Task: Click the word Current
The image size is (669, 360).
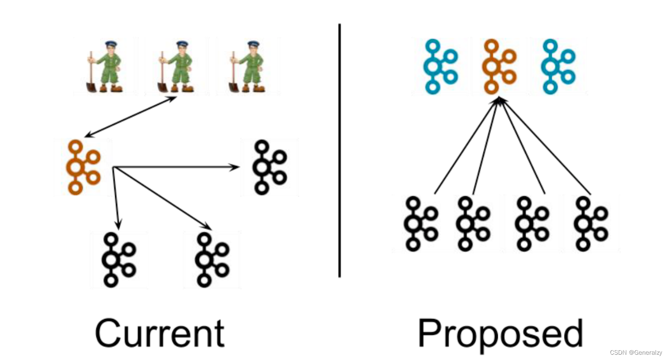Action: [x=160, y=333]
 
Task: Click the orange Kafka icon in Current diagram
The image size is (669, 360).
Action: [x=82, y=167]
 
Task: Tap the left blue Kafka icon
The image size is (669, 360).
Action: [x=439, y=66]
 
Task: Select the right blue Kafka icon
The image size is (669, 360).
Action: [x=557, y=66]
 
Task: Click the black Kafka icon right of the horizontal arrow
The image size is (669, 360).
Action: [x=269, y=167]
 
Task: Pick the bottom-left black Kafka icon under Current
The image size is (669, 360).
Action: [x=118, y=260]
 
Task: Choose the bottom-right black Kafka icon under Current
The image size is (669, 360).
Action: [x=211, y=260]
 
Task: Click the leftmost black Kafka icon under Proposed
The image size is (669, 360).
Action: [x=420, y=224]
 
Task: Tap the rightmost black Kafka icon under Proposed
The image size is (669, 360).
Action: [x=590, y=224]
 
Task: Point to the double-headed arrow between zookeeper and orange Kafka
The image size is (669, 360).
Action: [x=130, y=117]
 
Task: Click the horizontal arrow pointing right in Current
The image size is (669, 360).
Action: [x=176, y=167]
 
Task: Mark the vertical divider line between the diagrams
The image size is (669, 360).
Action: [x=340, y=150]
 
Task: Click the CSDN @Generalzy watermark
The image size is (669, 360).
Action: [x=636, y=353]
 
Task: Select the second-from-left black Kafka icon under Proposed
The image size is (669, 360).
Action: [x=472, y=224]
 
